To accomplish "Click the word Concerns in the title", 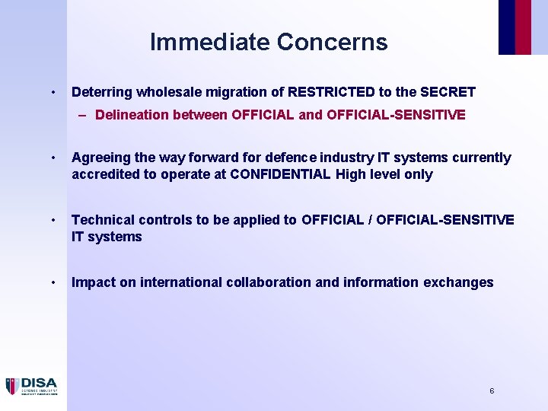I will (333, 42).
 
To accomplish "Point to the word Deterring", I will (101, 92).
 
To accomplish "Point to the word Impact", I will (92, 282).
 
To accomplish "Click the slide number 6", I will (492, 390).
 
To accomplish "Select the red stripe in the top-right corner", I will (523, 27).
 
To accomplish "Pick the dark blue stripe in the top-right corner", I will (507, 27).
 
